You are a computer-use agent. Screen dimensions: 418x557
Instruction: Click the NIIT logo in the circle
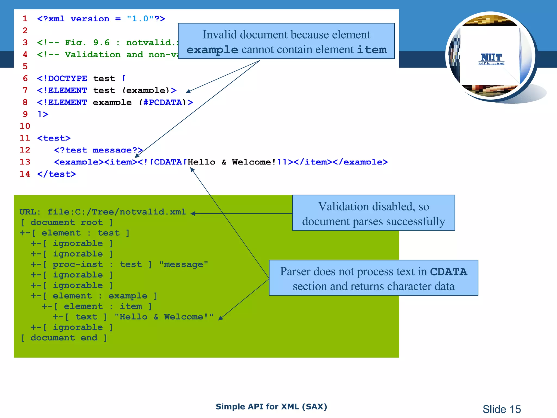[x=491, y=59]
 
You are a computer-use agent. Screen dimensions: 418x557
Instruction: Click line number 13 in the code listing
[x=25, y=162]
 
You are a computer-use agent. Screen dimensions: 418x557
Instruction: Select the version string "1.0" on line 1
[x=140, y=19]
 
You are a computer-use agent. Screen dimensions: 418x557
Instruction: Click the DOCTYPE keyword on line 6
[x=67, y=78]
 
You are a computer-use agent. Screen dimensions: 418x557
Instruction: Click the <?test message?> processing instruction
[x=98, y=150]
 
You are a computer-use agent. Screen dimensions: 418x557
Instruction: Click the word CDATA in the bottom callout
[x=448, y=272]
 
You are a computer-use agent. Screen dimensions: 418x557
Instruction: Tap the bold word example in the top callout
[x=212, y=50]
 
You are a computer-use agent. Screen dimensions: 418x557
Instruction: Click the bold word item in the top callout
[x=372, y=50]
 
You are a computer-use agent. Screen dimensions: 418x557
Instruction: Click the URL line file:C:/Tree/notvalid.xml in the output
[x=103, y=212]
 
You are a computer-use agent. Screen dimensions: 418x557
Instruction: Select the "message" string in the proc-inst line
[x=184, y=264]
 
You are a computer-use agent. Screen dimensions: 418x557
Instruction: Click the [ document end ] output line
[x=64, y=338]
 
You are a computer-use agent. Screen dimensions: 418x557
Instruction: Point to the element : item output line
[x=97, y=306]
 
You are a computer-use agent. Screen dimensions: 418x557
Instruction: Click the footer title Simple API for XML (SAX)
[x=271, y=407]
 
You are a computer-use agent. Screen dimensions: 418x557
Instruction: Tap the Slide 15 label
[x=502, y=409]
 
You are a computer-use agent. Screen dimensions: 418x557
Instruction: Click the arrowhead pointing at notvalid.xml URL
[x=193, y=214]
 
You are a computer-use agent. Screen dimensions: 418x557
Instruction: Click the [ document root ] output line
[x=67, y=222]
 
